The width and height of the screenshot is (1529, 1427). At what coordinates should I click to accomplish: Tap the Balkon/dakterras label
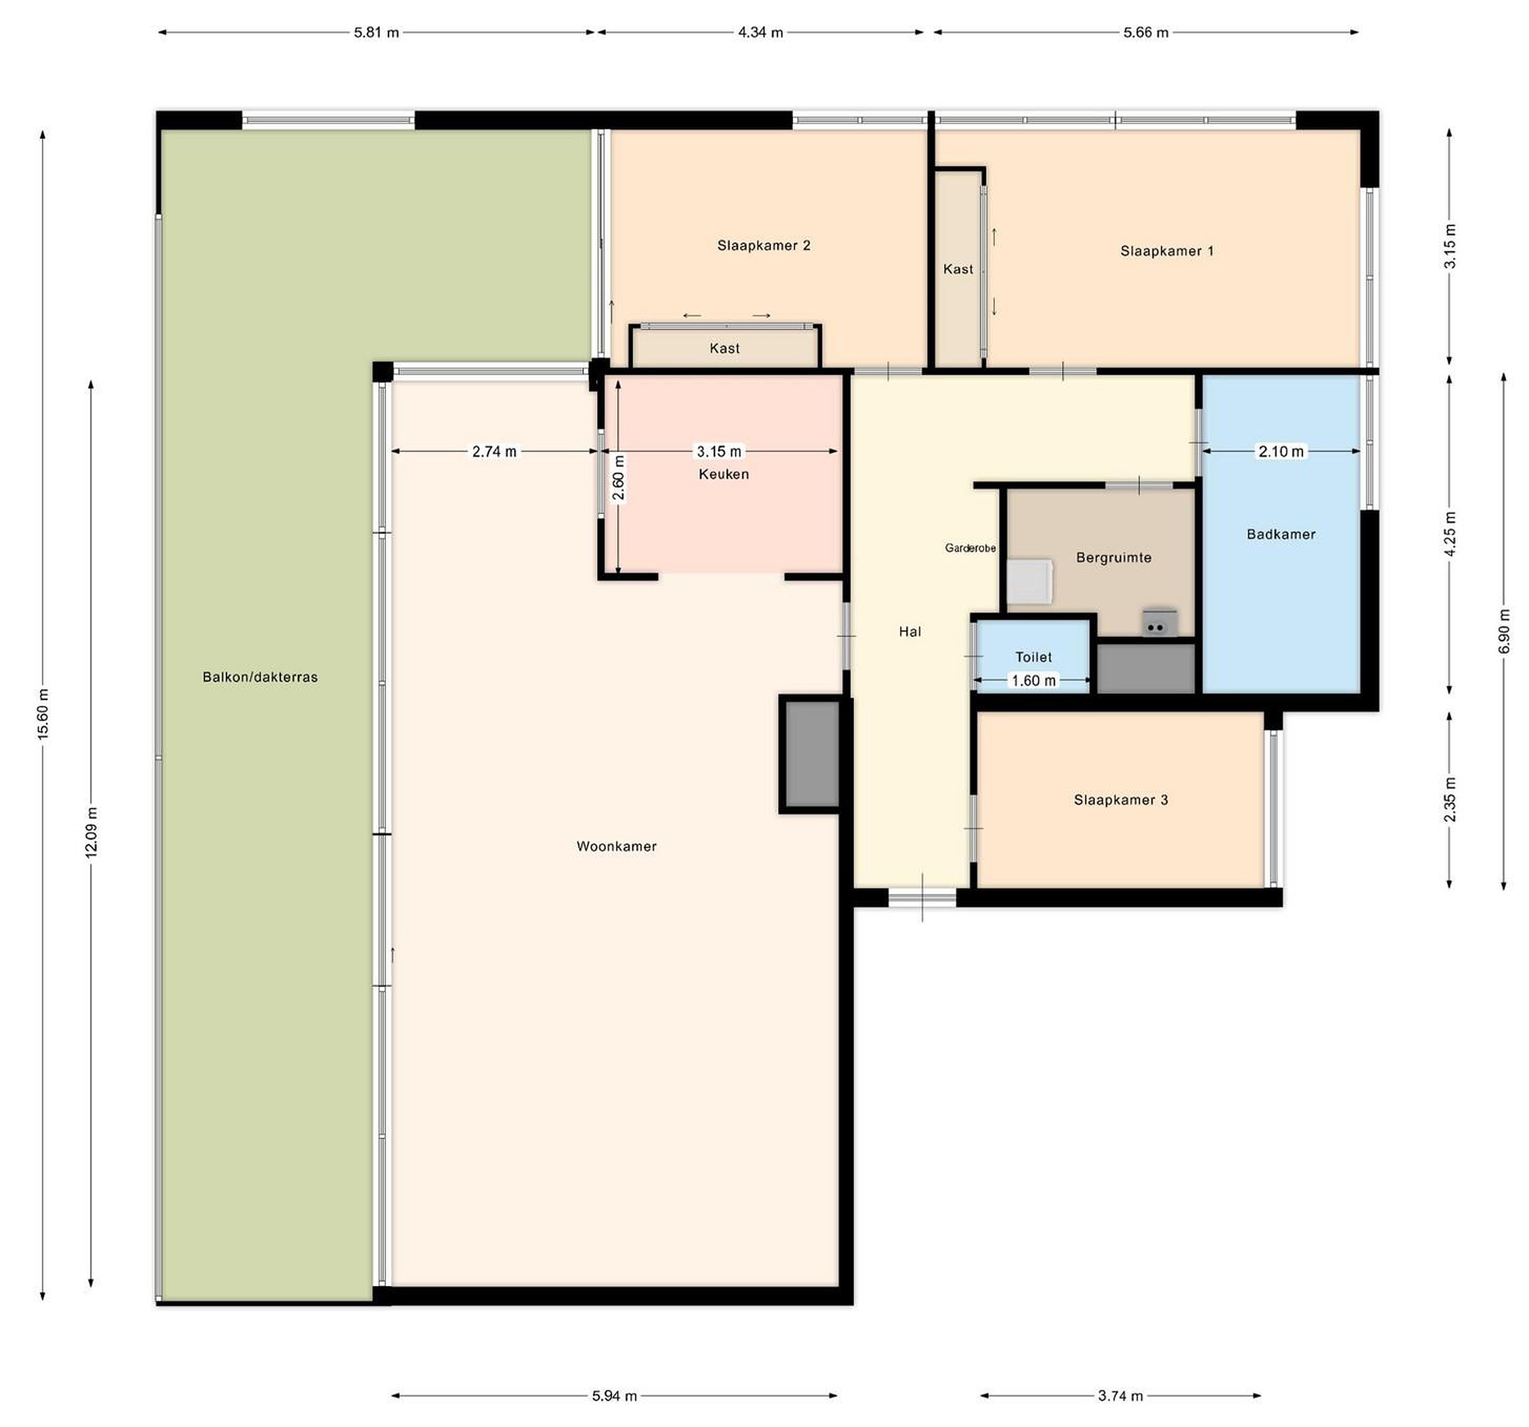click(x=260, y=677)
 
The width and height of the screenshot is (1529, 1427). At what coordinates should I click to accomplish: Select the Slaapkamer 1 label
click(x=1167, y=250)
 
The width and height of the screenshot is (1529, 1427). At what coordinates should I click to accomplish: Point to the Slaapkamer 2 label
click(x=764, y=245)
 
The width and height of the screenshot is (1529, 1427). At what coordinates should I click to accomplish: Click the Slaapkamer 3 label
click(x=1121, y=800)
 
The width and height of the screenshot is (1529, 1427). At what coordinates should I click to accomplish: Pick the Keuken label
click(x=724, y=474)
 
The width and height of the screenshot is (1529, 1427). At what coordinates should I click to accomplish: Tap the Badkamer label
click(x=1281, y=534)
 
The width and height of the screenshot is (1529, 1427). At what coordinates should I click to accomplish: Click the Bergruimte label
click(x=1114, y=557)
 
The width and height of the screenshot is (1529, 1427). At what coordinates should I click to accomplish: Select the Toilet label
click(x=1033, y=658)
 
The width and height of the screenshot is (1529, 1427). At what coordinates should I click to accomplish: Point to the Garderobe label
click(x=970, y=548)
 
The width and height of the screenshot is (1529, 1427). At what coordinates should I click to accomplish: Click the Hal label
click(x=910, y=632)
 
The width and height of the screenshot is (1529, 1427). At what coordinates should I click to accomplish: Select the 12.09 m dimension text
click(x=91, y=833)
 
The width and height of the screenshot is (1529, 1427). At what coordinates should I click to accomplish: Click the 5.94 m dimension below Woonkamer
click(x=615, y=1396)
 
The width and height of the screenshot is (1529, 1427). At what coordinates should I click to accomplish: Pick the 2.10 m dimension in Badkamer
click(x=1281, y=451)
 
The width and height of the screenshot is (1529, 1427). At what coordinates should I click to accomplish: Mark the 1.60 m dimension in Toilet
click(x=1033, y=680)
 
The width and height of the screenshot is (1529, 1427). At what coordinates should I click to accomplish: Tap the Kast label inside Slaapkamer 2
click(x=725, y=348)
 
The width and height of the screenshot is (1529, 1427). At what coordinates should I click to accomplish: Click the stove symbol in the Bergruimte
click(x=1159, y=624)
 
